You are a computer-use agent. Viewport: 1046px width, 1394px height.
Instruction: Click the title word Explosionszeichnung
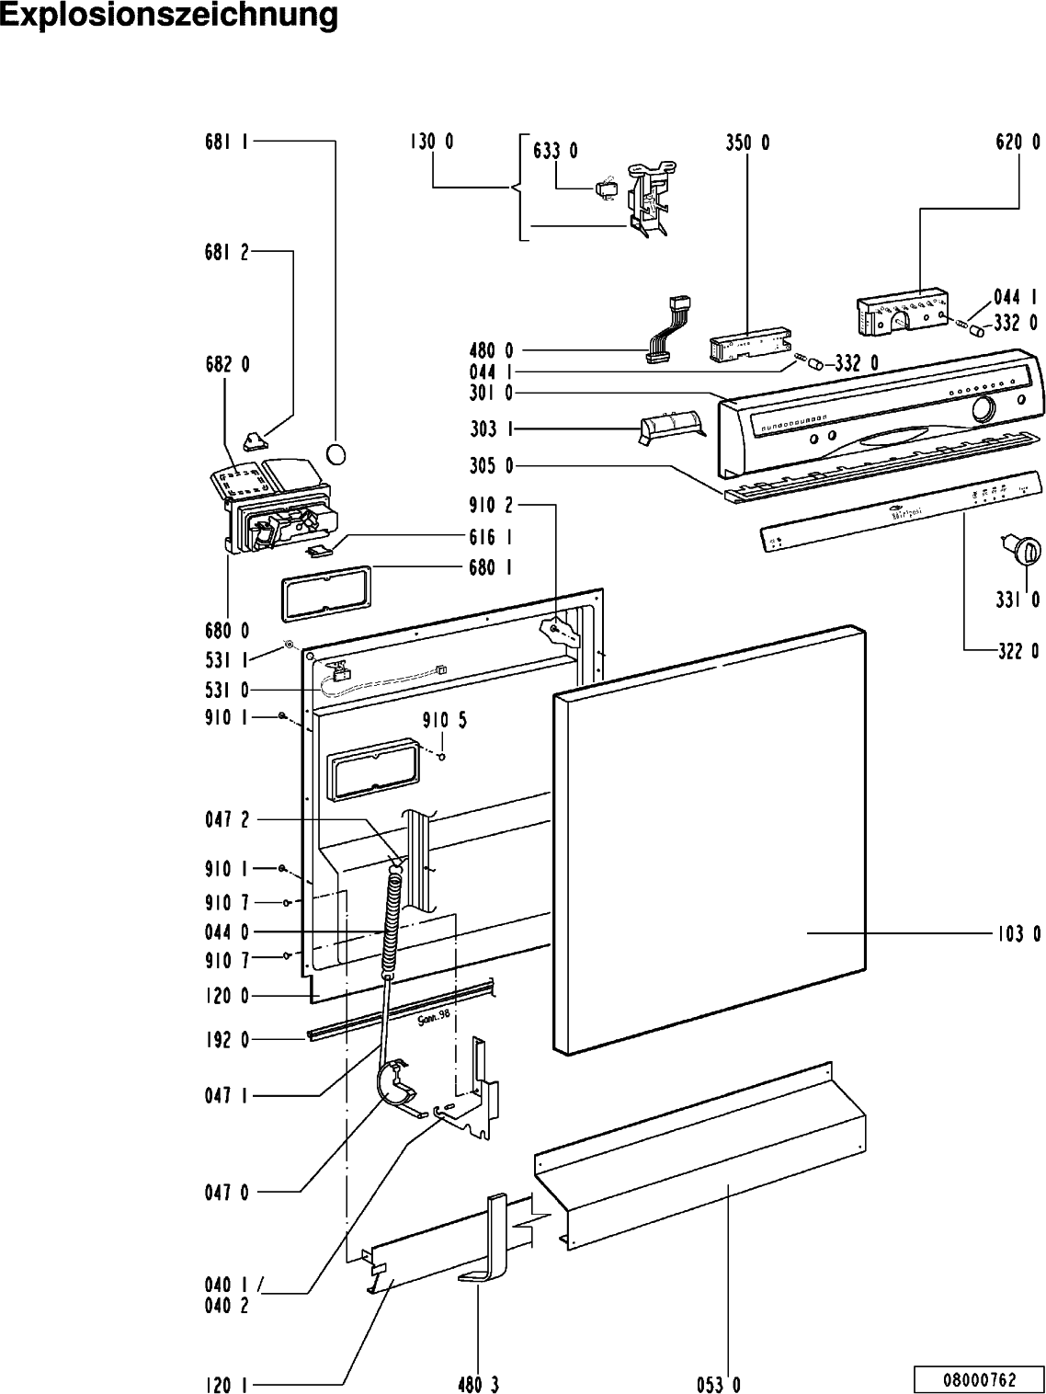[168, 16]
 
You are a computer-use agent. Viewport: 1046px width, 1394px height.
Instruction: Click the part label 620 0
[1018, 143]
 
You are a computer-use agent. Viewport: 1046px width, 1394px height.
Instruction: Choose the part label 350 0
[746, 143]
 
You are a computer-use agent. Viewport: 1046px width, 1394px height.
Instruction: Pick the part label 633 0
[555, 151]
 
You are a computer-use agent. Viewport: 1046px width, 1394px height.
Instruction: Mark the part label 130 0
[431, 143]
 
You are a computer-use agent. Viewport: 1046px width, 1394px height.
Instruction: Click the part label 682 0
[226, 364]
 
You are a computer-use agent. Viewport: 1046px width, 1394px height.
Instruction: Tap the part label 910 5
[444, 720]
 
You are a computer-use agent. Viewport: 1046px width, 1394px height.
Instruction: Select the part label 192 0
[226, 1041]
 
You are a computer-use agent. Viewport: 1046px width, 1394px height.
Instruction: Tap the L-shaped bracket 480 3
[495, 1241]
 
